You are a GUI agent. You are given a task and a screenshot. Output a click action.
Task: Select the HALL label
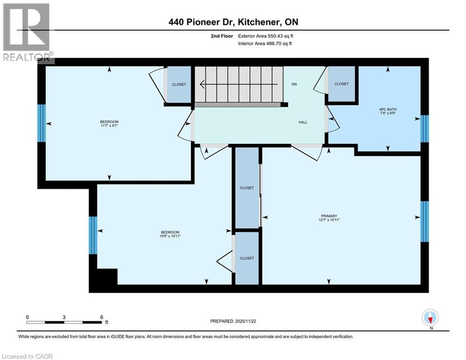click(303, 122)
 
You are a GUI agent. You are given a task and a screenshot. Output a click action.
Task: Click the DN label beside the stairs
click(294, 84)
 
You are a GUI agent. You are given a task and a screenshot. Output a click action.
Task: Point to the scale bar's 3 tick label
click(64, 317)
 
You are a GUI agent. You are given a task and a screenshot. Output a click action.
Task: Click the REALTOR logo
click(27, 33)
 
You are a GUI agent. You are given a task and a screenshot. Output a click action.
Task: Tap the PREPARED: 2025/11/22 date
click(234, 321)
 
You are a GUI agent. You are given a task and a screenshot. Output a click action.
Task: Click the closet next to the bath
click(341, 84)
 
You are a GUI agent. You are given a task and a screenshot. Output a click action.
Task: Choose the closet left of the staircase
click(179, 84)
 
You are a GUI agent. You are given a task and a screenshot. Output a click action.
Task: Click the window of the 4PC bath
click(424, 128)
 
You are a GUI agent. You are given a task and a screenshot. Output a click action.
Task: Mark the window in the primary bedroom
click(424, 221)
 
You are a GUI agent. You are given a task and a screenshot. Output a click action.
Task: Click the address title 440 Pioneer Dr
click(233, 22)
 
